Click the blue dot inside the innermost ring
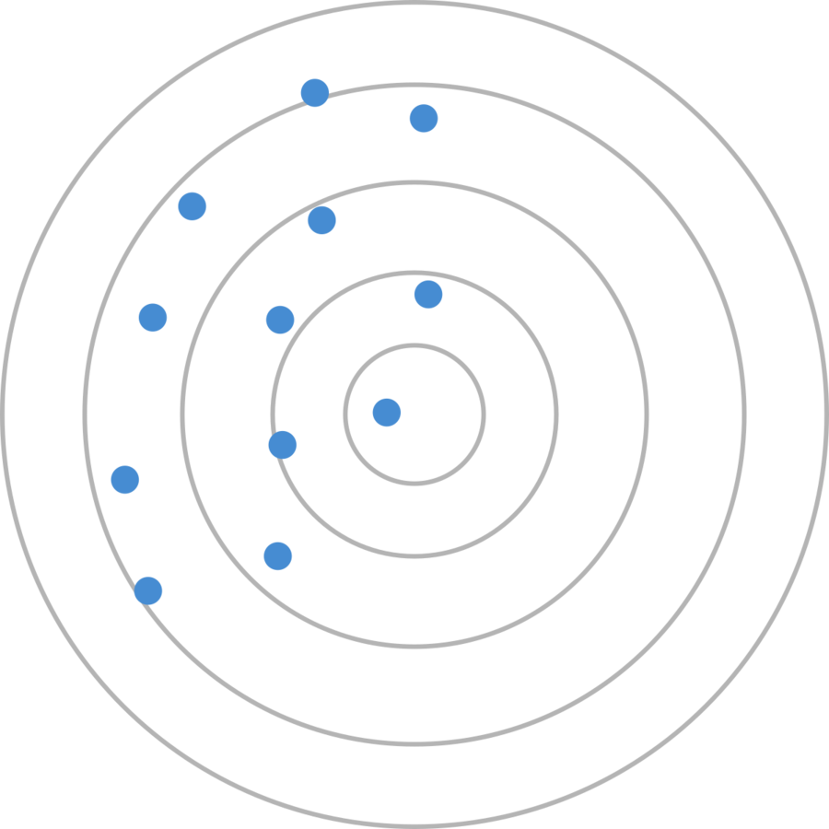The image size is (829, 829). click(387, 412)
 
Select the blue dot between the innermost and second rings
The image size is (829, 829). click(428, 295)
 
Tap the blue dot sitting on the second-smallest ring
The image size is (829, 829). click(283, 445)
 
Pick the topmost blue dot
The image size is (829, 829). click(315, 92)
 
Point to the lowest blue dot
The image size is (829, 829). click(148, 590)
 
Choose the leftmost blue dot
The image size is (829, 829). click(125, 479)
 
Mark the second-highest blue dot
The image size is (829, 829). click(424, 118)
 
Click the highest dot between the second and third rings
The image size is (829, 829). click(321, 220)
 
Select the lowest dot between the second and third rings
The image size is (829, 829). click(278, 556)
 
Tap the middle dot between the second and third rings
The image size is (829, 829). click(280, 320)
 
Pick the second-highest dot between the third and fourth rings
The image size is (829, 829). click(192, 206)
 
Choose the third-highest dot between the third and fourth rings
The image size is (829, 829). click(153, 318)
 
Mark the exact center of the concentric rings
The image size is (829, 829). click(414, 414)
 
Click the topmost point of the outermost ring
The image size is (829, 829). click(414, 5)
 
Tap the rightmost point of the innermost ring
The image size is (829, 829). click(485, 414)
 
